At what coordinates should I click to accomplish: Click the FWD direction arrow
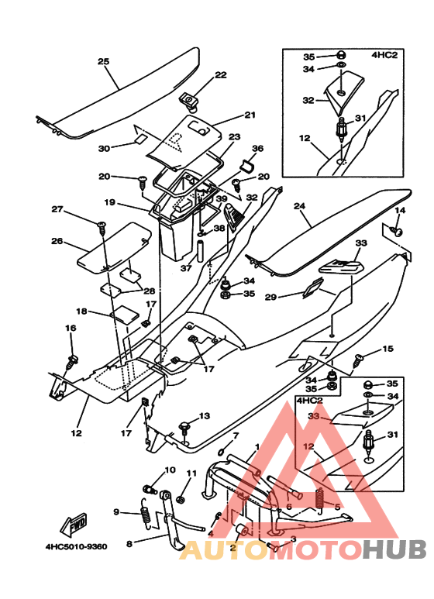(74, 525)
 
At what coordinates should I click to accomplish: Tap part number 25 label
(103, 61)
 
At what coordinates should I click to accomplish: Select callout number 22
(221, 75)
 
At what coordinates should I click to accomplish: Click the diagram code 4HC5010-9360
(77, 546)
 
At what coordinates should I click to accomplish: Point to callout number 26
(57, 241)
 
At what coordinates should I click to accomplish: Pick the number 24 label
(299, 206)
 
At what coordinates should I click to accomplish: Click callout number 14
(400, 210)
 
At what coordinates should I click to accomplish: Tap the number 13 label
(205, 415)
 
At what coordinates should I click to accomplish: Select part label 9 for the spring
(116, 511)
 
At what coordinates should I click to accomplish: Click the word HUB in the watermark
(394, 549)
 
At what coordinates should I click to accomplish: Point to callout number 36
(258, 148)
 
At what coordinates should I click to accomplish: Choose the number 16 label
(71, 328)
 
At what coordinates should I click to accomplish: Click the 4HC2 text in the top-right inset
(384, 55)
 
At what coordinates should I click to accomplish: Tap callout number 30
(104, 148)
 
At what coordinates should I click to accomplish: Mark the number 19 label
(109, 201)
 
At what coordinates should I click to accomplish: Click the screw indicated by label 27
(102, 226)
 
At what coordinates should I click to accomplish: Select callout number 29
(270, 297)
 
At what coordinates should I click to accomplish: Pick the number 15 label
(387, 349)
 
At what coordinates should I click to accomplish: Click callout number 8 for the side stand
(129, 543)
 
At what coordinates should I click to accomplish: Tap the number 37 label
(186, 268)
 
